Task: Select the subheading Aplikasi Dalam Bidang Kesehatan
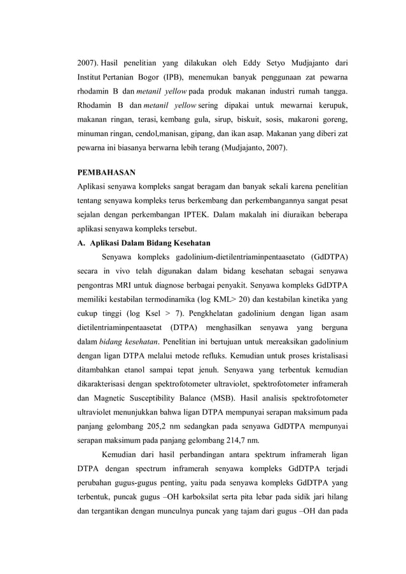click(x=150, y=243)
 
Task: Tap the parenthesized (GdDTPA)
click(x=330, y=257)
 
